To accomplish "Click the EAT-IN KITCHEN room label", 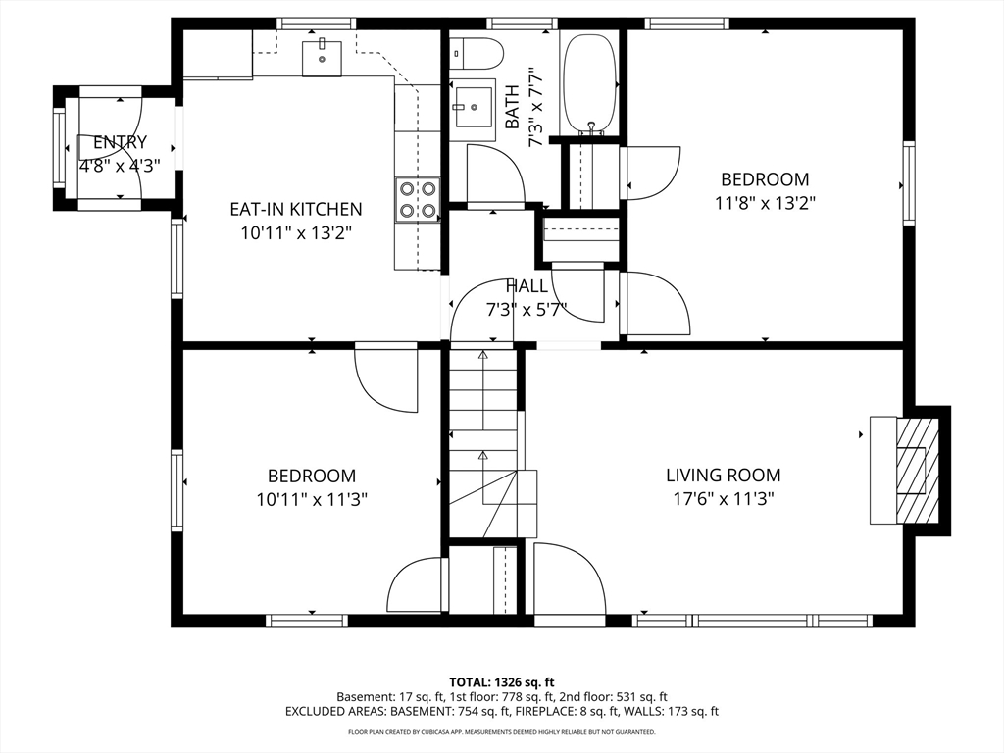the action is pyautogui.click(x=296, y=209).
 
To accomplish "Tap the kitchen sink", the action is pyautogui.click(x=322, y=58).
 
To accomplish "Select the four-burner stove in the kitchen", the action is pyautogui.click(x=418, y=199).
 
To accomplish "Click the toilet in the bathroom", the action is pyautogui.click(x=477, y=54).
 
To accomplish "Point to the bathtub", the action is pyautogui.click(x=590, y=84).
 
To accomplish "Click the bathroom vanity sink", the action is pyautogui.click(x=473, y=110).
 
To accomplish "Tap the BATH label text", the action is pyautogui.click(x=512, y=107).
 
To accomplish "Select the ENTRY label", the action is pyautogui.click(x=120, y=142).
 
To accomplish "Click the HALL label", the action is pyautogui.click(x=527, y=286).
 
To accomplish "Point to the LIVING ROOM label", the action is pyautogui.click(x=723, y=476).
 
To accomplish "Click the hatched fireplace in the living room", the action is pyautogui.click(x=917, y=471).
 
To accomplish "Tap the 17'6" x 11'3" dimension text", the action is pyautogui.click(x=723, y=498).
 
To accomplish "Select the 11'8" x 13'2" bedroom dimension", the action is pyautogui.click(x=765, y=203).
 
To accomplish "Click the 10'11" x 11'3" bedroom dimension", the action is pyautogui.click(x=312, y=499).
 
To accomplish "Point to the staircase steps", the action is pyautogui.click(x=482, y=442).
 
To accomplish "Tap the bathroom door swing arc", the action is pyautogui.click(x=497, y=173).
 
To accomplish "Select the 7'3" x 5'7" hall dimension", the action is pyautogui.click(x=527, y=310).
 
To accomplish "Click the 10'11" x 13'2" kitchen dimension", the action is pyautogui.click(x=296, y=232).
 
